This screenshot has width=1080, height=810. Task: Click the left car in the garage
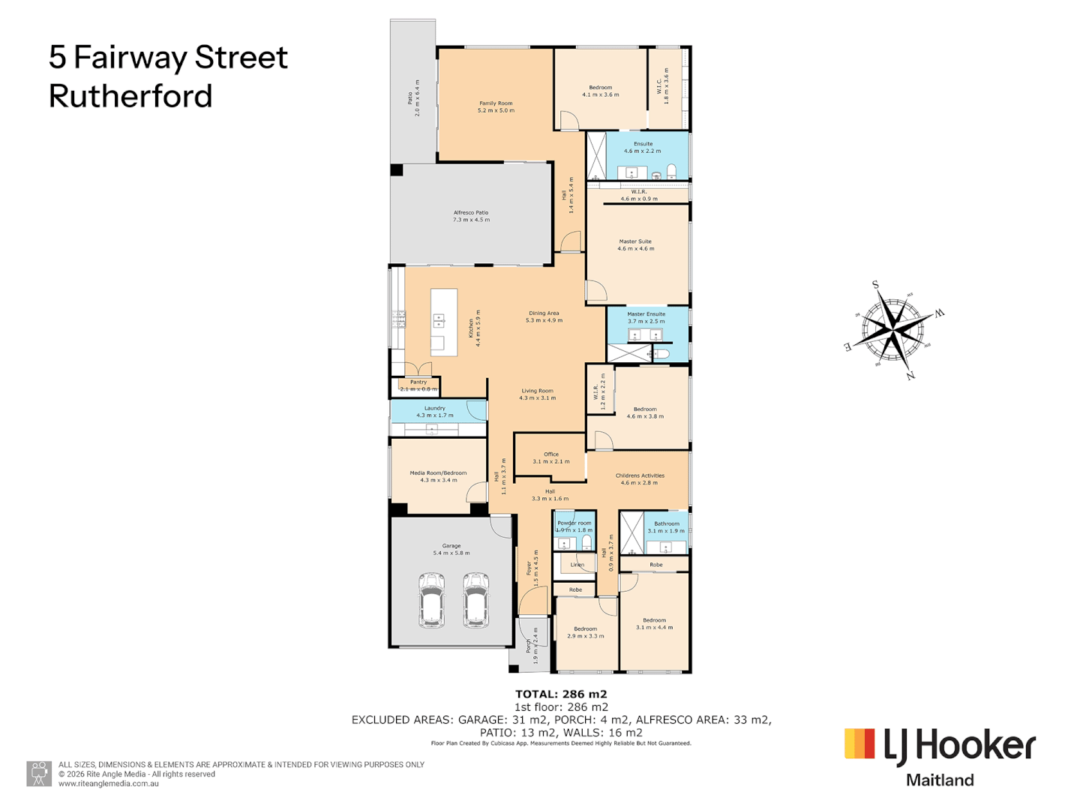click(x=431, y=600)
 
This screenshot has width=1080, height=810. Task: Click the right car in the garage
click(x=475, y=600)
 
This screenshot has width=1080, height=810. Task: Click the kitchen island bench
click(x=443, y=322)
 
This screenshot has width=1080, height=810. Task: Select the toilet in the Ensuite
click(x=672, y=170)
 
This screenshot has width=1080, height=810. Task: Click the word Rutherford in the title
click(x=130, y=97)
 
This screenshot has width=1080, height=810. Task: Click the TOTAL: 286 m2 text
click(x=561, y=694)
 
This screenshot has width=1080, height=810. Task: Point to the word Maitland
click(x=940, y=780)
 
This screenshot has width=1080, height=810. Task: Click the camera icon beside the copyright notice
click(x=39, y=773)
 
